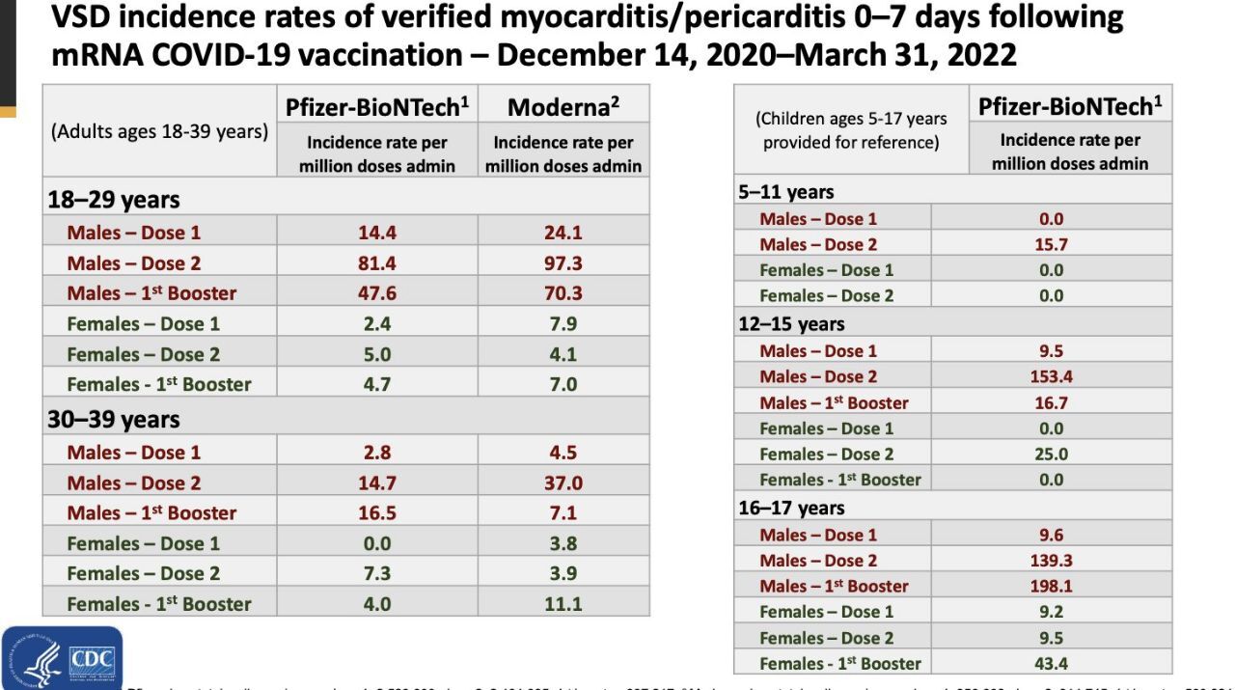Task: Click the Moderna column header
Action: pos(563,106)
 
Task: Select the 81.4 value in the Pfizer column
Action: pos(376,262)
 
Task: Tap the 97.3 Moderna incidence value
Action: pos(563,262)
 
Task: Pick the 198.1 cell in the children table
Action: pos(1051,586)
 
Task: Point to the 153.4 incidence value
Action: pos(1051,376)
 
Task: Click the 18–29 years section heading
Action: pos(114,200)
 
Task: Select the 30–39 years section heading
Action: pos(114,420)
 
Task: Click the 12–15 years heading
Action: pos(791,323)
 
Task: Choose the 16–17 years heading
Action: pos(791,508)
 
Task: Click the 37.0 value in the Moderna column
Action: pos(563,483)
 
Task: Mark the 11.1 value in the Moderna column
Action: pos(563,604)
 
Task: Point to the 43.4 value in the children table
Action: pos(1051,663)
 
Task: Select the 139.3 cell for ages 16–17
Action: pos(1051,560)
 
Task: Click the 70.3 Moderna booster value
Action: pos(563,292)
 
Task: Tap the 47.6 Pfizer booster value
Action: pos(376,292)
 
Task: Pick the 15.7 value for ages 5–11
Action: pos(1051,244)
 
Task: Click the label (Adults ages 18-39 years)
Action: pos(159,132)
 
